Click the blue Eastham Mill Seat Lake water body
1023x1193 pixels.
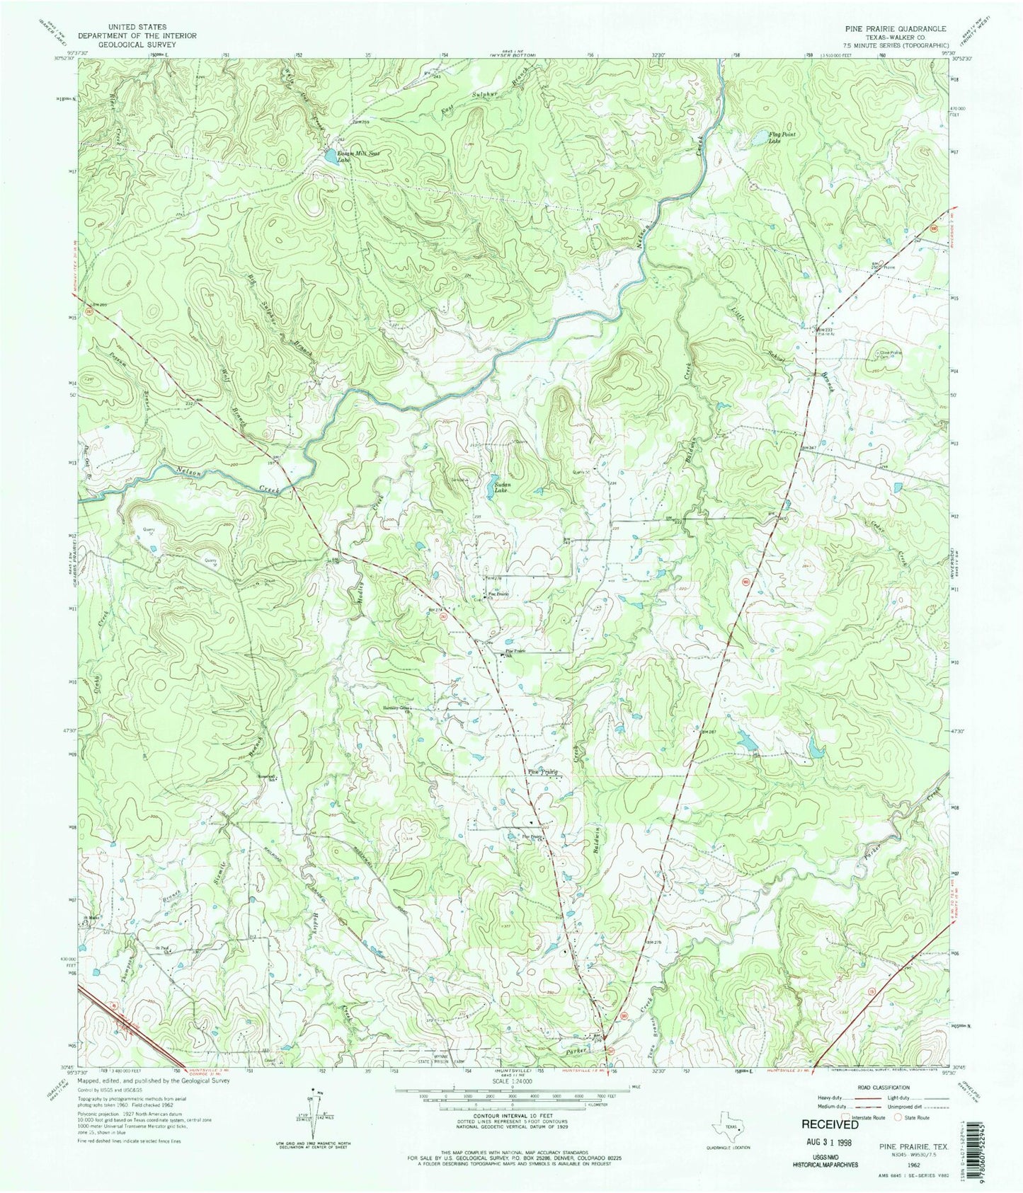point(329,155)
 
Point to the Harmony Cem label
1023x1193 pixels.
point(396,707)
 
